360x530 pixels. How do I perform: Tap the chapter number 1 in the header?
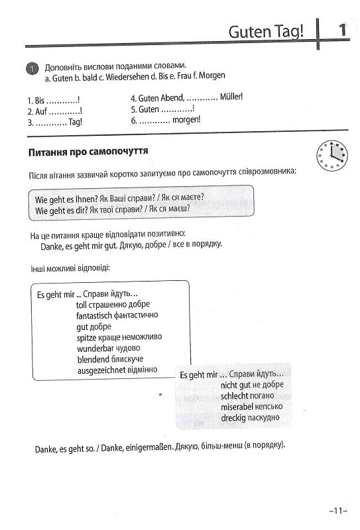[341, 30]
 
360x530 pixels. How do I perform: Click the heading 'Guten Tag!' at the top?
[265, 31]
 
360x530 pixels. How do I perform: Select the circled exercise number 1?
[32, 69]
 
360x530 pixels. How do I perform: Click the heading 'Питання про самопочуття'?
[88, 152]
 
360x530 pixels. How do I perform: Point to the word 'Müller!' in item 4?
[230, 96]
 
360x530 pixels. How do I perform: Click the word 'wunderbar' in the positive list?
[95, 348]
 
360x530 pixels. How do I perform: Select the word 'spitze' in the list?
[88, 337]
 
